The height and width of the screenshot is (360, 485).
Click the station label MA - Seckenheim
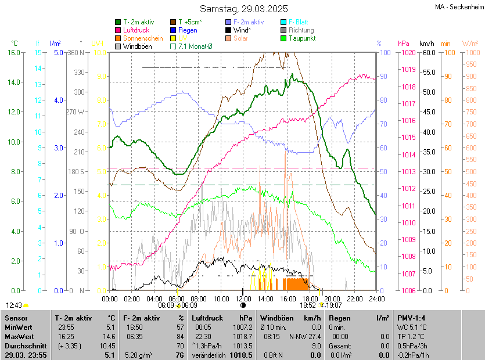(x=459, y=7)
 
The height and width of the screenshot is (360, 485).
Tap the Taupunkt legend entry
(x=301, y=38)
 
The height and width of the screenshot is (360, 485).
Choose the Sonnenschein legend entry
(x=143, y=38)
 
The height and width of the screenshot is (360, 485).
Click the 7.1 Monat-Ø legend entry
(x=195, y=46)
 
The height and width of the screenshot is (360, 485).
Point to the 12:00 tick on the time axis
(x=243, y=299)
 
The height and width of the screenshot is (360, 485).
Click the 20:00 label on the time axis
(x=332, y=299)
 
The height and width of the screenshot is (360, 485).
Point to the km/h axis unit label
(x=426, y=44)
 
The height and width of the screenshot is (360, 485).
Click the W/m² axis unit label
(x=470, y=44)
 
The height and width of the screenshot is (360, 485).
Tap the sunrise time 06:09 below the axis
(x=166, y=305)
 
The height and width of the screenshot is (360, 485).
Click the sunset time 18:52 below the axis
(x=308, y=305)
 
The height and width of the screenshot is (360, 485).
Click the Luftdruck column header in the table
(x=207, y=318)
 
